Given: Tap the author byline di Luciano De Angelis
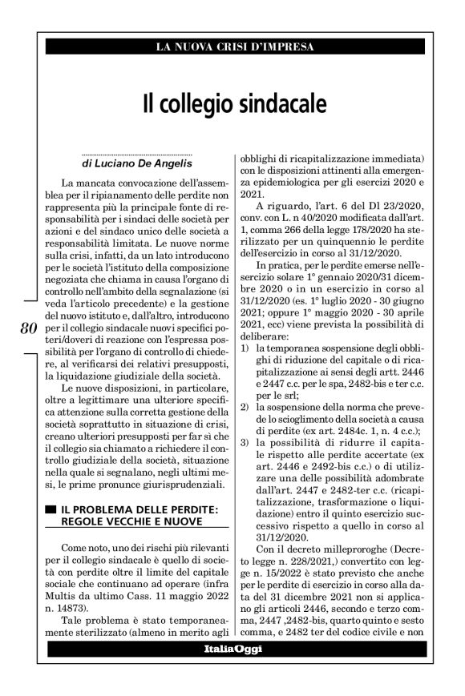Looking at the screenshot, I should click(137, 162).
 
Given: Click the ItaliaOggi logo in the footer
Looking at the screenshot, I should click(235, 658).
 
